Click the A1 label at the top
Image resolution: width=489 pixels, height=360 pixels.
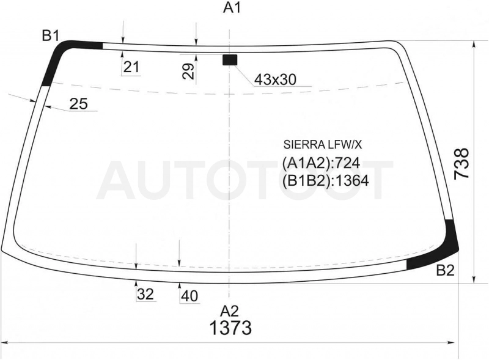coord(232,8)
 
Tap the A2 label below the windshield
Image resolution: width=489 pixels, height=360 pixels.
coord(230,311)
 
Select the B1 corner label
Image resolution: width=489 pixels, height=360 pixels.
coord(51,36)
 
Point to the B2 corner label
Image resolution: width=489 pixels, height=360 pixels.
coord(446,271)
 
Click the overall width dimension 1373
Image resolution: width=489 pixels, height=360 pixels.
coord(230,328)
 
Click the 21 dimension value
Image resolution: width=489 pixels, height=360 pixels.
coord(131,67)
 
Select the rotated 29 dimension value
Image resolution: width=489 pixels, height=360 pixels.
coord(189,71)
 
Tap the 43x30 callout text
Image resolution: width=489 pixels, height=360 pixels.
coord(275,79)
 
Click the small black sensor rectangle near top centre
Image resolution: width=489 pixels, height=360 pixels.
coord(230,59)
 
